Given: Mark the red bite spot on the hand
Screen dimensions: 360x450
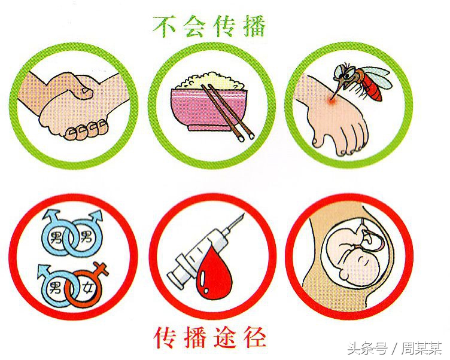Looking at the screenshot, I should pyautogui.click(x=331, y=103).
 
